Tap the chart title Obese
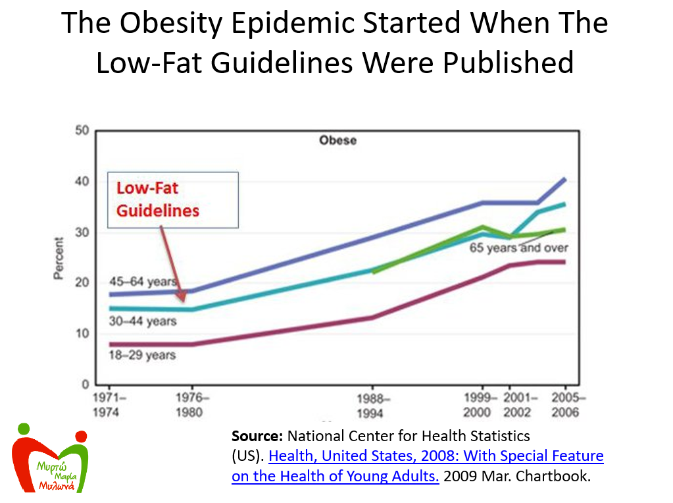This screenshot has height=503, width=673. [x=337, y=140]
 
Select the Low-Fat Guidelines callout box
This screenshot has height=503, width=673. [x=173, y=199]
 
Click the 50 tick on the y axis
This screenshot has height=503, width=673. [x=82, y=130]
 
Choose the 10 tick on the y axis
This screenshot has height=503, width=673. [x=82, y=333]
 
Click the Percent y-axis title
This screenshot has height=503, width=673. [x=59, y=258]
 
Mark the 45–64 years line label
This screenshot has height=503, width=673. [x=143, y=282]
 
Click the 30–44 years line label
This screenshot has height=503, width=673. [x=143, y=321]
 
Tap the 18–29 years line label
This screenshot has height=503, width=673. [x=143, y=356]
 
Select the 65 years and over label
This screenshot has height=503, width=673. [x=518, y=248]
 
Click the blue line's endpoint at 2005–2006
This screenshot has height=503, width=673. [x=565, y=179]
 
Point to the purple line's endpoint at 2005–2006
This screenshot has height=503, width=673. [x=565, y=262]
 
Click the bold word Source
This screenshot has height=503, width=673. [x=258, y=436]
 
